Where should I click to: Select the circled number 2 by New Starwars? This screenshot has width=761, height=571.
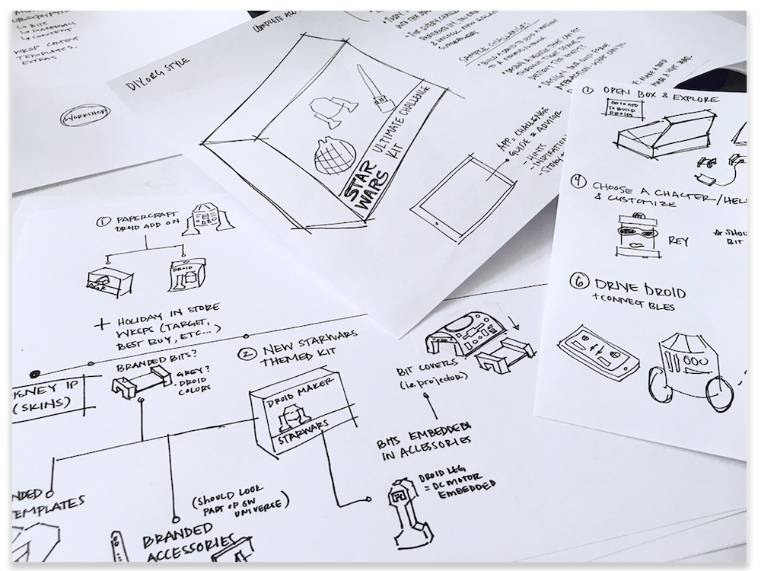click(x=246, y=352)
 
